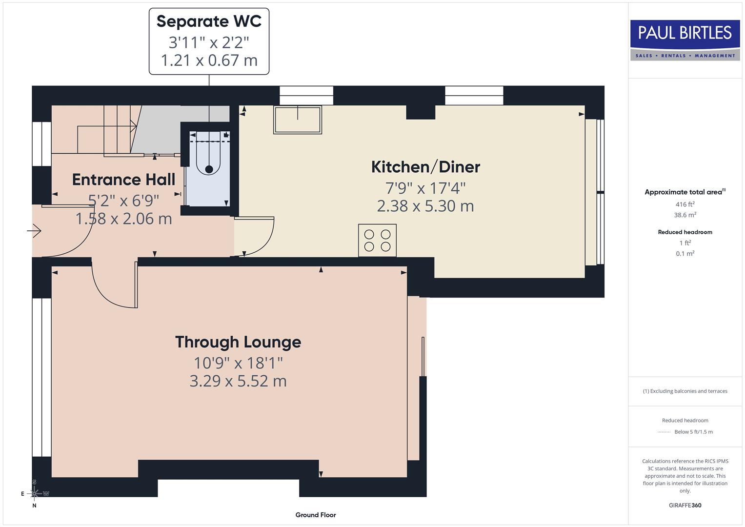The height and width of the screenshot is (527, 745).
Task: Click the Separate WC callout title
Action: (x=209, y=21)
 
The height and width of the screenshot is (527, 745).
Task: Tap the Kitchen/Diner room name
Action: (x=425, y=167)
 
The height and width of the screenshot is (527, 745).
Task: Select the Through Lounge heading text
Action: (x=238, y=342)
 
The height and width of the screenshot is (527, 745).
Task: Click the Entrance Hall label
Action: (x=123, y=180)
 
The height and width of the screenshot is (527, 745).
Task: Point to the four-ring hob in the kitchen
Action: (x=377, y=241)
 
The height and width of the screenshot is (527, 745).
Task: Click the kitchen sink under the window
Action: (x=298, y=120)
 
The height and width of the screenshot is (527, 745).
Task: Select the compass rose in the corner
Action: (x=34, y=493)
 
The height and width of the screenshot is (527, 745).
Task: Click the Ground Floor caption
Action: (x=316, y=515)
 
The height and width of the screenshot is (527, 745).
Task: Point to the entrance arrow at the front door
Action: (x=34, y=230)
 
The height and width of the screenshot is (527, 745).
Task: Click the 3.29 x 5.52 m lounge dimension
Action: (x=238, y=381)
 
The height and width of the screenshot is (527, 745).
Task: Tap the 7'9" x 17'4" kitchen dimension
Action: (x=425, y=188)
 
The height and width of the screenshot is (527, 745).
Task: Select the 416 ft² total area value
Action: (x=685, y=204)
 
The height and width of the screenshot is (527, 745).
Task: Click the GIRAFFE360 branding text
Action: (x=685, y=505)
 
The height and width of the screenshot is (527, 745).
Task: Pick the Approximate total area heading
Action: (x=684, y=192)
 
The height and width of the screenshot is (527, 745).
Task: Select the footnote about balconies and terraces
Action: (x=685, y=391)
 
